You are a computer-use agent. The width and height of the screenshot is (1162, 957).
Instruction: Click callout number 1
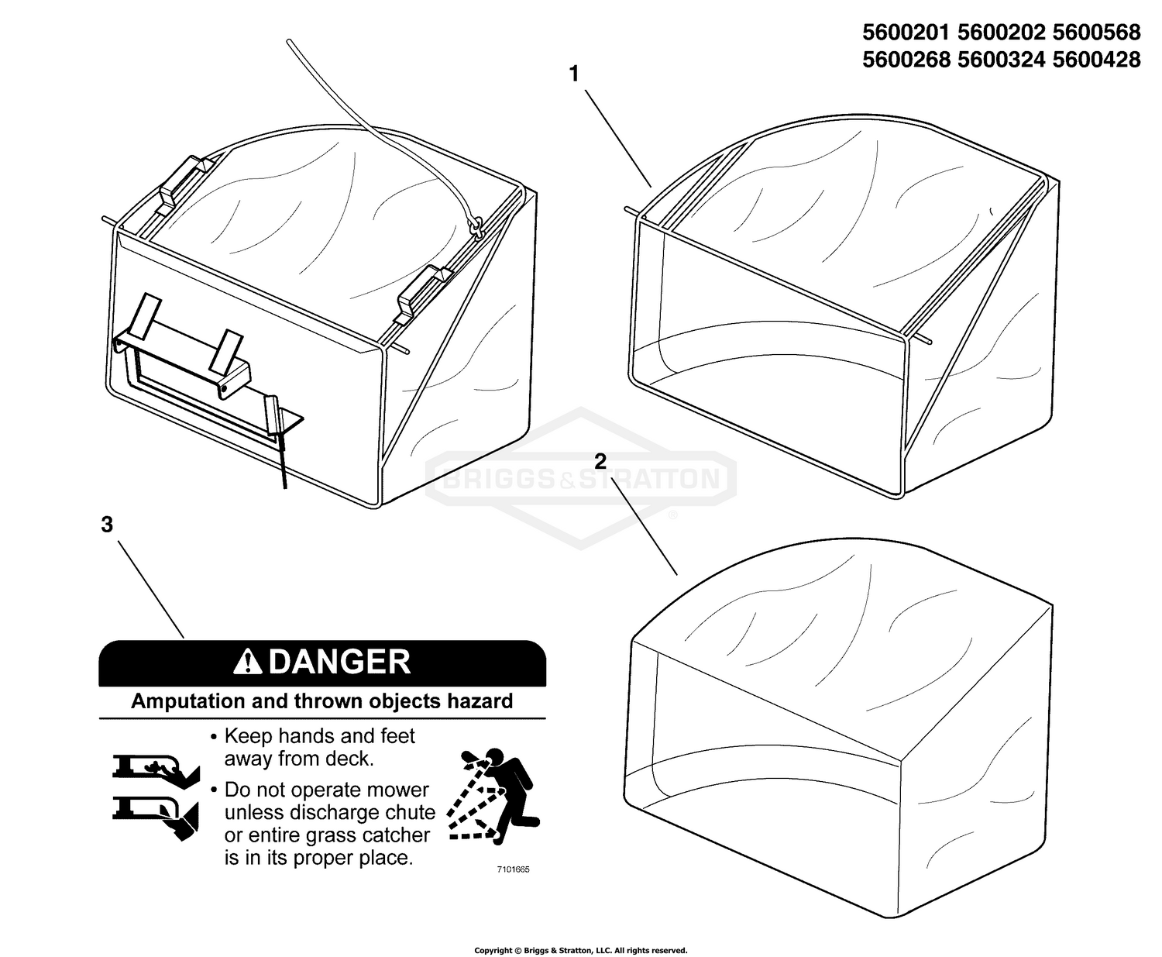tap(574, 74)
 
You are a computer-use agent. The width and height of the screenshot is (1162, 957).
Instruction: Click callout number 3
tap(107, 525)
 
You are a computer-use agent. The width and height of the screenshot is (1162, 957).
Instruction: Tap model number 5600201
tap(907, 33)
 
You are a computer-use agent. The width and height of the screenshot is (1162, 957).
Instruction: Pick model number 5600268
tap(907, 60)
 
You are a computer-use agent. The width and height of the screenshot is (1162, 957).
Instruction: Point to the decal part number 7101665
tap(513, 869)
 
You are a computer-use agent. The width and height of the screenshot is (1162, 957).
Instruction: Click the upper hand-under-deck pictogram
tap(155, 768)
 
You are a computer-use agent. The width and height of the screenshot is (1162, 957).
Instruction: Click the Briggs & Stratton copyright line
tap(580, 949)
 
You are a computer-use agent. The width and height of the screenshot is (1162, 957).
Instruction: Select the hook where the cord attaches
tap(476, 227)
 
